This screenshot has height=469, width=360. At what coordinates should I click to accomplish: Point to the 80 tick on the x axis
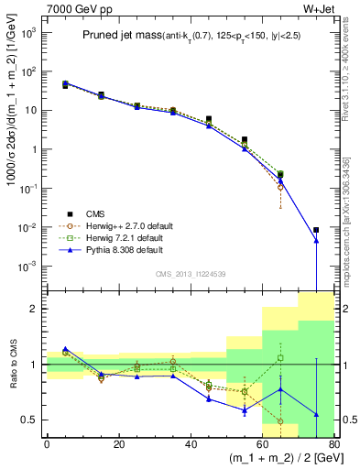(333, 445)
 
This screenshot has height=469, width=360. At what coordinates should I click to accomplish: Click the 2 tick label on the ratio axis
(34, 309)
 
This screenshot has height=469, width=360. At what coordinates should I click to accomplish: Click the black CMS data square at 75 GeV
(316, 230)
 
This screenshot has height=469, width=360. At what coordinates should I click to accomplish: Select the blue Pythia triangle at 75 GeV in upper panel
(316, 241)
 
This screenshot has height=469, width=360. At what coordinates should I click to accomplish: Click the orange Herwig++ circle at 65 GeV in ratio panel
(280, 421)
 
